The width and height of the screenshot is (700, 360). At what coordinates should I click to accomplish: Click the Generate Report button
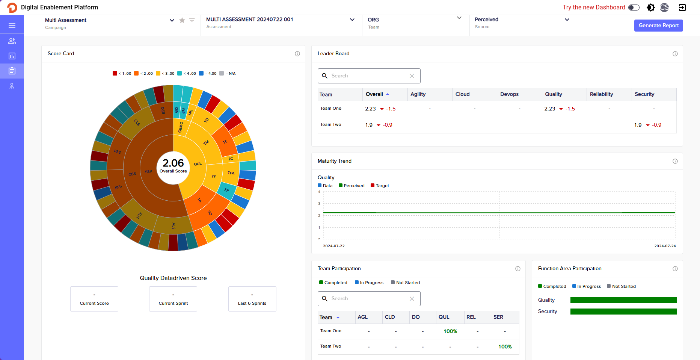point(658,26)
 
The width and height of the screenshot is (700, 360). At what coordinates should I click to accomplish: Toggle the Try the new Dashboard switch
point(634,8)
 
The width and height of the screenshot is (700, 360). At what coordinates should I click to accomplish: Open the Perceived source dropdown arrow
point(567,20)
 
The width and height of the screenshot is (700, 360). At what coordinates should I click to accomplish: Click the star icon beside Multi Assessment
point(182,20)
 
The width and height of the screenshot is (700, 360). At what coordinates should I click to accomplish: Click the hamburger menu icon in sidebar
point(12,26)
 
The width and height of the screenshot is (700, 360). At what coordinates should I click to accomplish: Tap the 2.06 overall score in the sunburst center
point(173,163)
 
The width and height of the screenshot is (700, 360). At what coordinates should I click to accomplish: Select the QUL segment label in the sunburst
point(198,164)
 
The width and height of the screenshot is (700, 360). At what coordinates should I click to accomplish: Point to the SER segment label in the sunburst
point(149,171)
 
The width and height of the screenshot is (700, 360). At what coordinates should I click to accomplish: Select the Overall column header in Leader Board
point(374,94)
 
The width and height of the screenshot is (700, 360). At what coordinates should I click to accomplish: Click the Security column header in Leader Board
point(644,94)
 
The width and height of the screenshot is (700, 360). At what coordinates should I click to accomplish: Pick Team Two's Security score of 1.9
point(638,125)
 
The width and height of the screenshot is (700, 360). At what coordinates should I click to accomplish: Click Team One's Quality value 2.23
point(549,109)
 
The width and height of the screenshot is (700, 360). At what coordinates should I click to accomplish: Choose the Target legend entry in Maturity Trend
point(380,186)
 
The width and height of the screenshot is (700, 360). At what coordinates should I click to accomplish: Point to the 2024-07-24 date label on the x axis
point(665,246)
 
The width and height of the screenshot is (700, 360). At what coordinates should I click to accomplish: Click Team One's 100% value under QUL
point(450,331)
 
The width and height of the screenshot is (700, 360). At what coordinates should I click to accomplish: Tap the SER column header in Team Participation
point(498,317)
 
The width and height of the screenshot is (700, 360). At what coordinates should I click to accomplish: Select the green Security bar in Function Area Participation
point(623,312)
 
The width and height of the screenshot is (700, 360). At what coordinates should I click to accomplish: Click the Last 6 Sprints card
point(252,299)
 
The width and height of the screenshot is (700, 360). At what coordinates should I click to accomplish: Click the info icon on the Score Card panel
point(297,54)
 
